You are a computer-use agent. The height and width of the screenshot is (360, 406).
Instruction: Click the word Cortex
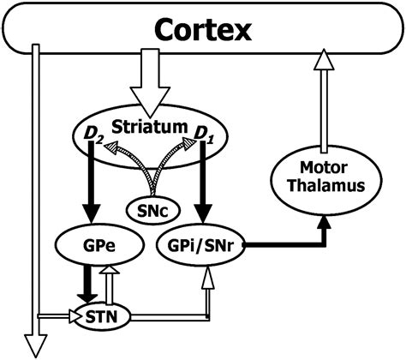203,32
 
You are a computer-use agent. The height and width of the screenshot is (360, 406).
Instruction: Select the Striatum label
152,127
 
